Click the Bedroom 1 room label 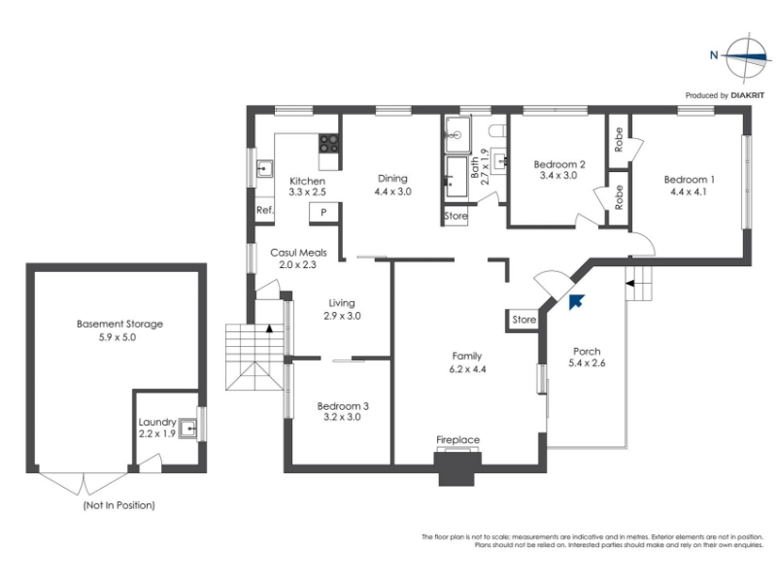point(689,180)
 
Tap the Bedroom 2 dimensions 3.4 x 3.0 point(558,176)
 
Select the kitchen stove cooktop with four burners point(328,144)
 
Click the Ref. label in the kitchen point(265,210)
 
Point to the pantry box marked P point(323,213)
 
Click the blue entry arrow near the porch point(576,301)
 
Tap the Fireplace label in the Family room point(457,440)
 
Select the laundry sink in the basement point(188,428)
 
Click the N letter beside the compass point(714,55)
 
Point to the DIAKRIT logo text point(748,95)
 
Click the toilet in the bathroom point(497,131)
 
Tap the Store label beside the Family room point(524,320)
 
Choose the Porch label point(587,352)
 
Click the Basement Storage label point(119,325)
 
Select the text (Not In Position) point(118,505)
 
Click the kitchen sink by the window point(264,168)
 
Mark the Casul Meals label point(298,253)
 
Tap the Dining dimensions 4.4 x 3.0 point(393,191)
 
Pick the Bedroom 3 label point(343,406)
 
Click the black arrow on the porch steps point(629,284)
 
